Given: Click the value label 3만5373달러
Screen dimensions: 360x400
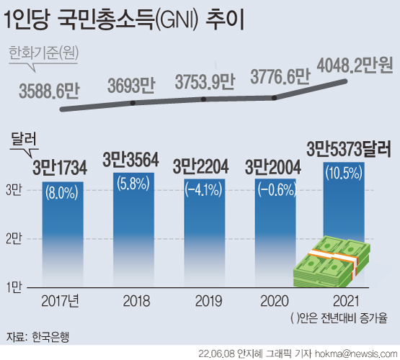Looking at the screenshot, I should click(x=348, y=150).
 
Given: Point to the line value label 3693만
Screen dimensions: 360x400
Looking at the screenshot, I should click(x=131, y=86).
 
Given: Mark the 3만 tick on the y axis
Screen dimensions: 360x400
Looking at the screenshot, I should click(x=14, y=190).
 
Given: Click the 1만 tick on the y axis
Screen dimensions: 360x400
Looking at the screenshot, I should click(x=14, y=287).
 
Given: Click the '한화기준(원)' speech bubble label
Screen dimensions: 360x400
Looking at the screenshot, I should click(x=44, y=52).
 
